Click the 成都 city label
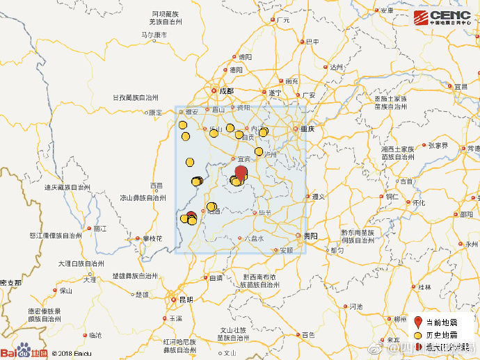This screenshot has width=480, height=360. [227, 90]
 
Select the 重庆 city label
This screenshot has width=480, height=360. [307, 129]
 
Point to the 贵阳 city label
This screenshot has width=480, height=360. [310, 236]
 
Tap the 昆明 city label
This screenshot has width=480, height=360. [186, 300]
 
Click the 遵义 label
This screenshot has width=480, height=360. [319, 197]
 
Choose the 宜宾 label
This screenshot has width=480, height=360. [242, 160]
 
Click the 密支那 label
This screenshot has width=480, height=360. [10, 283]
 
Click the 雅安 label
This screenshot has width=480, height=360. [191, 111]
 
